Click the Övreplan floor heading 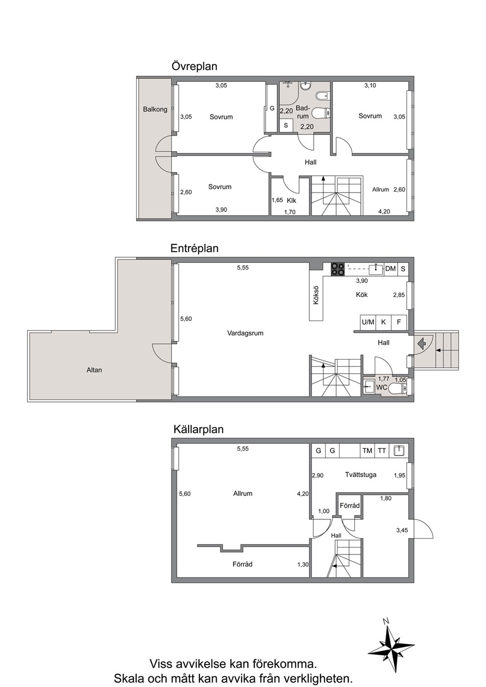pyautogui.click(x=194, y=66)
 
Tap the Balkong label pyautogui.click(x=155, y=109)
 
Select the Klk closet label pyautogui.click(x=292, y=200)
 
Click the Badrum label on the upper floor pyautogui.click(x=303, y=112)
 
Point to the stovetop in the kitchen pyautogui.click(x=338, y=269)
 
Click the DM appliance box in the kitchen pyautogui.click(x=390, y=269)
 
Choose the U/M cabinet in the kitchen pyautogui.click(x=368, y=322)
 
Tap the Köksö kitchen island pyautogui.click(x=316, y=295)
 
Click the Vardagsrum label pyautogui.click(x=245, y=333)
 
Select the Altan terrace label pyautogui.click(x=94, y=370)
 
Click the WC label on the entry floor pyautogui.click(x=382, y=387)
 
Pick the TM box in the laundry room pyautogui.click(x=367, y=450)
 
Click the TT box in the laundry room pyautogui.click(x=382, y=450)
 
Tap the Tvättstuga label pyautogui.click(x=361, y=475)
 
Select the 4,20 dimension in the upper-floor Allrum pyautogui.click(x=384, y=212)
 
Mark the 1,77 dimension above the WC pyautogui.click(x=384, y=379)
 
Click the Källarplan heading pyautogui.click(x=198, y=429)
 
